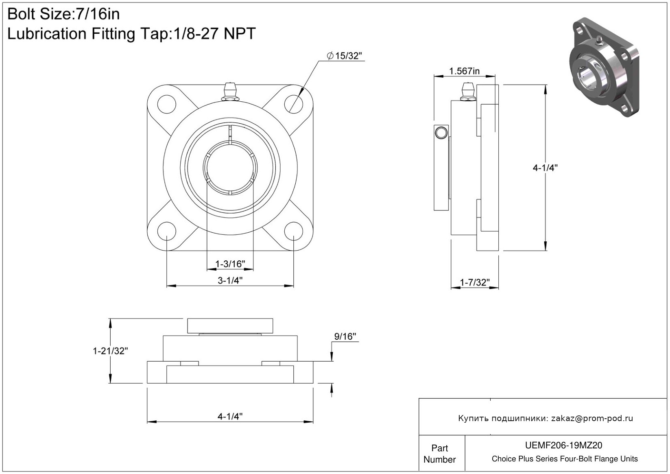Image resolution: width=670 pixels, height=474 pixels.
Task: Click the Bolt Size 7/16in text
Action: (64, 14)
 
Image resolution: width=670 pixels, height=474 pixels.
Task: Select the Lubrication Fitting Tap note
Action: (131, 34)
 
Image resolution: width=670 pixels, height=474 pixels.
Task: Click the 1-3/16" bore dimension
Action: (230, 264)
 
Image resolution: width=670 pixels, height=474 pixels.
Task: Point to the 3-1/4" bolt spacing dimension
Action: (230, 280)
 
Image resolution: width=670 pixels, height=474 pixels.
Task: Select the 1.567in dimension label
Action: (464, 71)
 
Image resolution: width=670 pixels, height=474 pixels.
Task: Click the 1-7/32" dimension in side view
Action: (474, 282)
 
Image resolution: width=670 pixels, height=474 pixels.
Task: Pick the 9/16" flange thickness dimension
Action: (345, 336)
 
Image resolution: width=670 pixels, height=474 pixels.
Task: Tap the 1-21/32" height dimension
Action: (110, 351)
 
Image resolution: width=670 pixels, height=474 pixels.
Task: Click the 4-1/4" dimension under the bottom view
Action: (230, 416)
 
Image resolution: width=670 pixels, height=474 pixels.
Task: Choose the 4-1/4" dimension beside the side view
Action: (545, 168)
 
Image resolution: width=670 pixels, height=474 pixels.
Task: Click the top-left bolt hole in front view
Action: (166, 103)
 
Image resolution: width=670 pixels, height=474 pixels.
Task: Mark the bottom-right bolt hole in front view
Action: (293, 231)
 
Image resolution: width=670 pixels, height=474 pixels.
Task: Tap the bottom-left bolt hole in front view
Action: (166, 231)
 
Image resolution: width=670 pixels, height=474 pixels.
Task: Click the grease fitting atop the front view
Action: (230, 92)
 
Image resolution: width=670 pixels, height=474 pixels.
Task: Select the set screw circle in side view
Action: (441, 133)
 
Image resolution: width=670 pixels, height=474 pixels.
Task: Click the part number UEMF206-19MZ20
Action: (565, 446)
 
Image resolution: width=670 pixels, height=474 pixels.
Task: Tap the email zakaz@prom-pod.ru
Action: (592, 418)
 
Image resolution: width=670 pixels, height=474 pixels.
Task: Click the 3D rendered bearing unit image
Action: (603, 68)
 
